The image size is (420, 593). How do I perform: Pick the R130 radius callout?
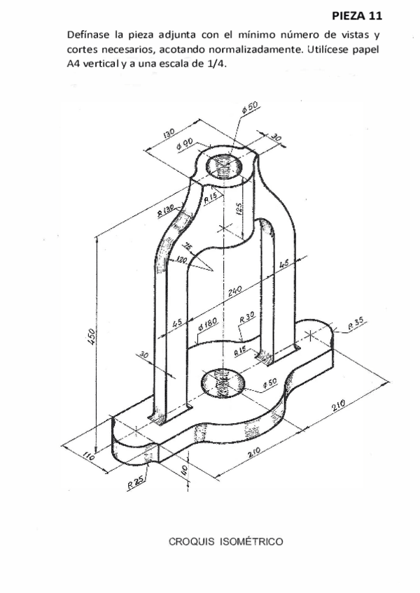point(166,208)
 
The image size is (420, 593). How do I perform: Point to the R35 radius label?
point(358,323)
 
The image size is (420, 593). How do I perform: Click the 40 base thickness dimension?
point(185,469)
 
